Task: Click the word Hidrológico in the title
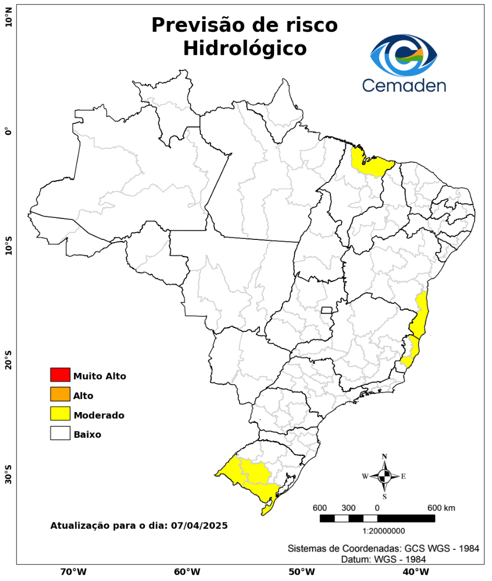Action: coord(244,48)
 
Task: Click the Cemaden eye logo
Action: coord(404,55)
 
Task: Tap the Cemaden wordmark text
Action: coord(404,85)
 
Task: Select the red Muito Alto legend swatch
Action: coord(60,374)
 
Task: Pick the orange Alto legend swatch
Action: coord(60,394)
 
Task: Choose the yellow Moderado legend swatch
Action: coord(60,414)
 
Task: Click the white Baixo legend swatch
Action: coord(60,433)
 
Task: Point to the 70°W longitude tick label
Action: coord(73,571)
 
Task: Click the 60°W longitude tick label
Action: coord(187,571)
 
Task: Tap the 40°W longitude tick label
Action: coord(414,571)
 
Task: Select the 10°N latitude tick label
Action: coord(8,22)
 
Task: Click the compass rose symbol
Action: coord(385,476)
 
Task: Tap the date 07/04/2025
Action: coord(199,525)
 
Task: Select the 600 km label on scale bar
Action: coord(441,508)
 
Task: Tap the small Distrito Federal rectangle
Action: coord(327,310)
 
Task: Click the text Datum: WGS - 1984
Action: coord(384,559)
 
